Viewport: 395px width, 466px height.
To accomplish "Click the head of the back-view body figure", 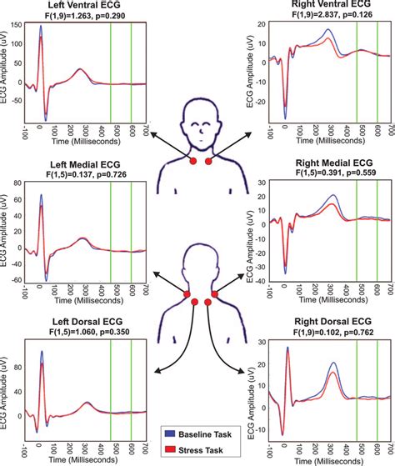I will pyautogui.click(x=200, y=258).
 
